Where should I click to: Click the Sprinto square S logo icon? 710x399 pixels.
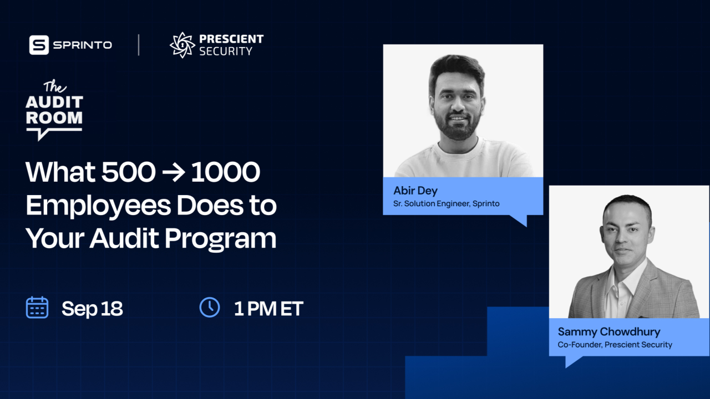click(39, 45)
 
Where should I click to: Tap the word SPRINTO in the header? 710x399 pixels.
click(83, 45)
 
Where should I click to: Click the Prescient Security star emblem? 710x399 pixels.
click(182, 45)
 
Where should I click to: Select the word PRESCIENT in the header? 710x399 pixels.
click(231, 39)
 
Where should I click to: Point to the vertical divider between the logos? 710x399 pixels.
click(139, 45)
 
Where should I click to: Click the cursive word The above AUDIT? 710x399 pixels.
click(55, 87)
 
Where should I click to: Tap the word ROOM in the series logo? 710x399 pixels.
click(54, 117)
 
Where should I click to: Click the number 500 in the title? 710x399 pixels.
click(128, 173)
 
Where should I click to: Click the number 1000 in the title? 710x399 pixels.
click(225, 173)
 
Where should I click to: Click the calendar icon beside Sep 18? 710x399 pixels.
click(37, 308)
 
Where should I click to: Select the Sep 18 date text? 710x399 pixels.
click(92, 309)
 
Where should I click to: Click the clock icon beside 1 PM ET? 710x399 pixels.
click(209, 307)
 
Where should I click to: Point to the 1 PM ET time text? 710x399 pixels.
click(268, 309)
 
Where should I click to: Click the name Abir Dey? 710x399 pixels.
click(415, 191)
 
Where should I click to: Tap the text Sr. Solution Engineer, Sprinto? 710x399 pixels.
click(447, 203)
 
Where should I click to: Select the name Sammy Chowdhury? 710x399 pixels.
click(609, 332)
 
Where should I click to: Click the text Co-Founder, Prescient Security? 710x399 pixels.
click(615, 345)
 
